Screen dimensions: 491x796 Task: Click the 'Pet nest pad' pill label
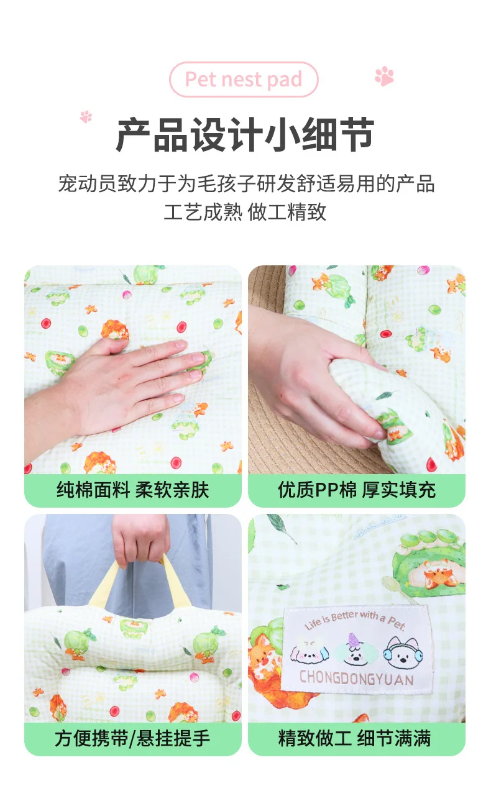point(244,80)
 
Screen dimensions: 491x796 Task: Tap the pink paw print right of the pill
point(384,76)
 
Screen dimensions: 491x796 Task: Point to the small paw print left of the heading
point(86,117)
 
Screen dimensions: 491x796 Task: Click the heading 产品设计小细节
point(245,135)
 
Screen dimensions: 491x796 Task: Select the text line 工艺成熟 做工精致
point(245,212)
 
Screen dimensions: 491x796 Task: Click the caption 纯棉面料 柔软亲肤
point(132,490)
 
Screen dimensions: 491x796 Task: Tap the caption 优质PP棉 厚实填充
point(357,490)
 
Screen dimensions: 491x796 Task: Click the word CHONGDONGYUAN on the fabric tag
point(357,678)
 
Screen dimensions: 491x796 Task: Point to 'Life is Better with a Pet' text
point(355,620)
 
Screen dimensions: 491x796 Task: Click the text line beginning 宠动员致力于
point(246,184)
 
